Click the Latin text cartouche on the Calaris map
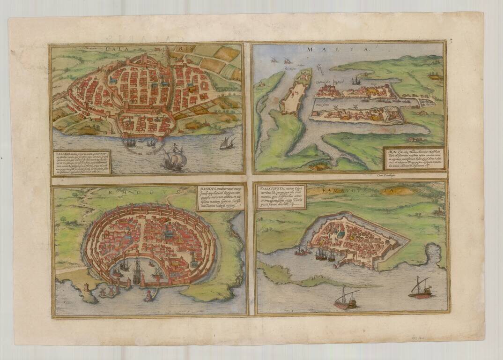tap(81, 161)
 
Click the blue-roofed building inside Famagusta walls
tap(342, 233)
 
